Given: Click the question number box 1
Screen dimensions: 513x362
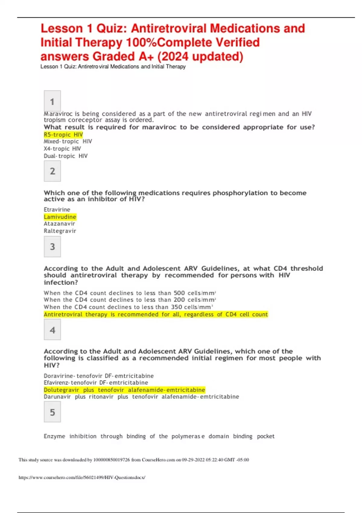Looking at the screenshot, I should (52, 101).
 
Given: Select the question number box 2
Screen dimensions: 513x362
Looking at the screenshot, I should (52, 171).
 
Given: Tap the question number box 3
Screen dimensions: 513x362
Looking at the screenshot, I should (52, 247).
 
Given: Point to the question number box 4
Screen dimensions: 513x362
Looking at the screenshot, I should (52, 330).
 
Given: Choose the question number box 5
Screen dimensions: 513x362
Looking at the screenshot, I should (52, 412).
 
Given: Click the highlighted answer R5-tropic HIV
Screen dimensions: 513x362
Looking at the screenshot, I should (63, 135).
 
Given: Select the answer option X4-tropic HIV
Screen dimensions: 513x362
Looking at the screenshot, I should (62, 148).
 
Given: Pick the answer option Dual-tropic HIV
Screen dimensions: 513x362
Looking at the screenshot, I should (66, 156).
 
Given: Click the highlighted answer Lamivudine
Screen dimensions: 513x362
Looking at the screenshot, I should (60, 217).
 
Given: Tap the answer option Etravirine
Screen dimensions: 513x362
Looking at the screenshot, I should (57, 209).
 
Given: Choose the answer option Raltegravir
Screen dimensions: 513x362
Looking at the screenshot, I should (60, 231).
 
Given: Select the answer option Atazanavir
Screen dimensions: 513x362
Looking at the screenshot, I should (59, 224).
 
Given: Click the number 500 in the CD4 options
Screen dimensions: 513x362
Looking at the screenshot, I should (179, 293).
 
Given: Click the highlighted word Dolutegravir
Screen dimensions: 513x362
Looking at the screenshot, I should (62, 390).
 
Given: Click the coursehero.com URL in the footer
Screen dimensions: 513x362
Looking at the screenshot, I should (82, 477).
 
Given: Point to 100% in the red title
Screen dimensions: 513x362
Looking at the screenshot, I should (141, 43).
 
